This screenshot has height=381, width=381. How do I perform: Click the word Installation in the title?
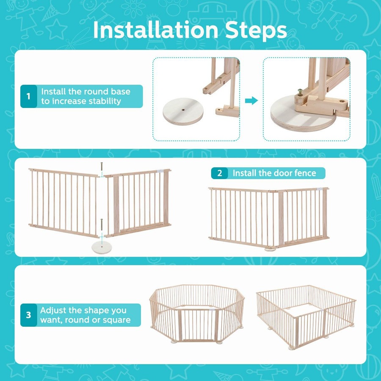pyautogui.click(x=155, y=30)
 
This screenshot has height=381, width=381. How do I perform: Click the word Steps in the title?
pyautogui.click(x=256, y=31)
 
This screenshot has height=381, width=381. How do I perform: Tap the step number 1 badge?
pyautogui.click(x=29, y=96)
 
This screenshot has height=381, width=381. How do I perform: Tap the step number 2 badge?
pyautogui.click(x=220, y=173)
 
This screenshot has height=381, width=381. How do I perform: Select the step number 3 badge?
pyautogui.click(x=29, y=315)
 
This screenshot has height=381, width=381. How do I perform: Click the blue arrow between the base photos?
pyautogui.click(x=251, y=100)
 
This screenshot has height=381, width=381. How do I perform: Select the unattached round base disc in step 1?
pyautogui.click(x=183, y=111)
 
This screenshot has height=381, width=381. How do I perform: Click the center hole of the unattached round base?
pyautogui.click(x=183, y=110)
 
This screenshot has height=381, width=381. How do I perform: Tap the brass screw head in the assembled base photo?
pyautogui.click(x=300, y=91)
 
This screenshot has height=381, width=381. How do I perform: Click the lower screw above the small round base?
pyautogui.click(x=102, y=224)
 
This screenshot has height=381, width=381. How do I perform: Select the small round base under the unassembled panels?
pyautogui.click(x=102, y=247)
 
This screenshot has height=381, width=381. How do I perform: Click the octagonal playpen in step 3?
pyautogui.click(x=197, y=314)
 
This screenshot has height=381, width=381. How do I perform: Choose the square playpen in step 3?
pyautogui.click(x=306, y=317)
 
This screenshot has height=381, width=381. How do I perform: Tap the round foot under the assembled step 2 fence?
pyautogui.click(x=270, y=249)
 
